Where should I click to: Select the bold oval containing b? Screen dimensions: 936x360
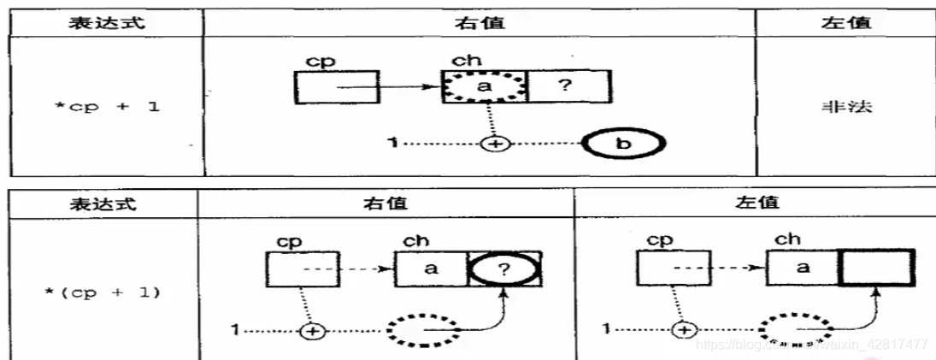point(623,144)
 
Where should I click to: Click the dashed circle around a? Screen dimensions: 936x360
point(483,87)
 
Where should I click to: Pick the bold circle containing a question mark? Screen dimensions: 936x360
point(504,269)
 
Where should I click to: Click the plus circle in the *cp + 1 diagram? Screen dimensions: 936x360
point(493,144)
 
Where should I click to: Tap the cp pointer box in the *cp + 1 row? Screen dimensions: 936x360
point(337,87)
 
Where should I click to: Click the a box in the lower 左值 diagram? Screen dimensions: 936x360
point(804,269)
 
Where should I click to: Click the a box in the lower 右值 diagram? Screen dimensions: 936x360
point(431,269)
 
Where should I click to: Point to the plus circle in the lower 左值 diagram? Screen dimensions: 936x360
point(683,329)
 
